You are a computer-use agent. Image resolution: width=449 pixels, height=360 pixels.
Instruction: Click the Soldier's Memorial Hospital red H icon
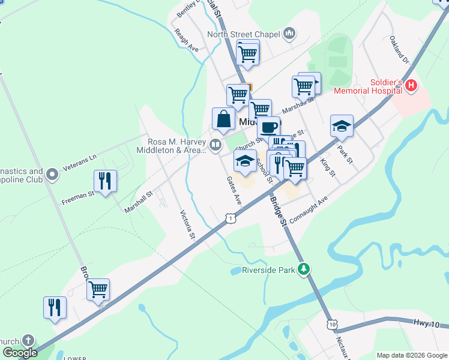411,86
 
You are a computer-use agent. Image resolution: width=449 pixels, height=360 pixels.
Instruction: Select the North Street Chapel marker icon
289,33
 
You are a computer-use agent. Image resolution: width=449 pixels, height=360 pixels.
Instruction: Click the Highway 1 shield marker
231,219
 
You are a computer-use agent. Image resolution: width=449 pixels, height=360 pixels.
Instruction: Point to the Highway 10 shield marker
332,324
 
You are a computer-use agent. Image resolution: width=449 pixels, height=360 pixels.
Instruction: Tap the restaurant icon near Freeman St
106,181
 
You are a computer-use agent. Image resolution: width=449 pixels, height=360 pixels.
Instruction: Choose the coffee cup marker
268,127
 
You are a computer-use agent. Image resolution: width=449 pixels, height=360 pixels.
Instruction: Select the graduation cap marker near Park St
342,126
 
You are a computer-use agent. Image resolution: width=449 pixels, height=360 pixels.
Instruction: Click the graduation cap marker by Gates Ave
245,161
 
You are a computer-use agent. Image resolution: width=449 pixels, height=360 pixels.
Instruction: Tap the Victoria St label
188,224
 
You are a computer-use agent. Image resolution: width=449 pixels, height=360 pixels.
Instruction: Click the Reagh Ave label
186,40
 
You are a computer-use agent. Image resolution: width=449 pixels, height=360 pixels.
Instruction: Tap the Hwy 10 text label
426,323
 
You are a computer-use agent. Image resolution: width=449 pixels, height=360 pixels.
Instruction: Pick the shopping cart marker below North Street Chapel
248,54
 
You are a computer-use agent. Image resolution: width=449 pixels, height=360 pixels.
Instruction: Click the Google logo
19,353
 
